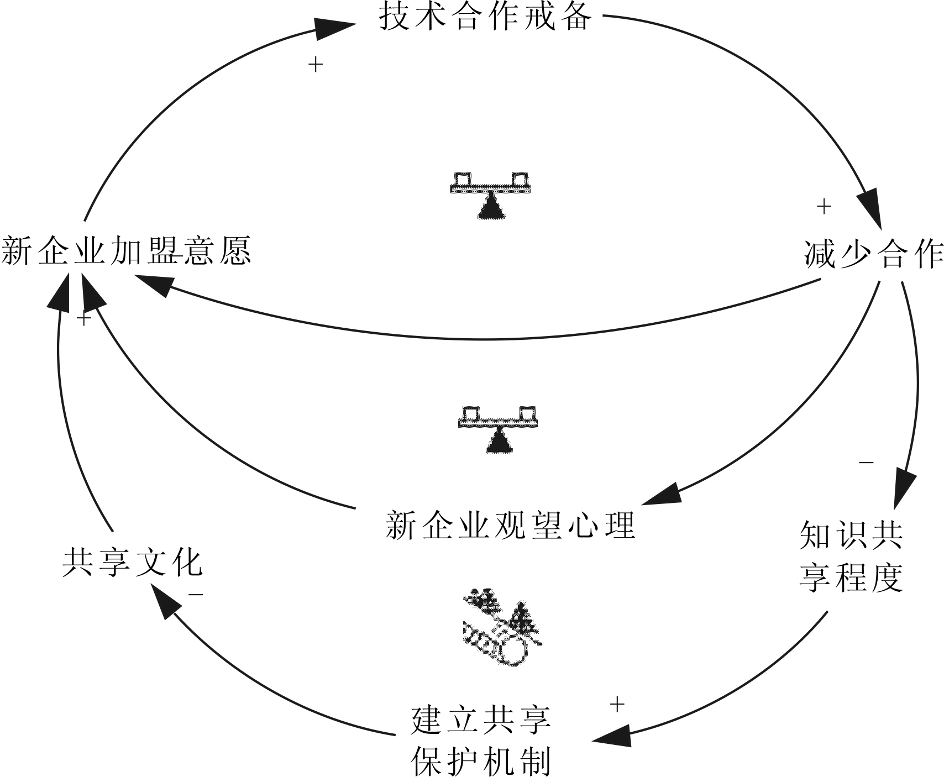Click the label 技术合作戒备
[485, 17]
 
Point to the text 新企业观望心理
[510, 525]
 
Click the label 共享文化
[133, 563]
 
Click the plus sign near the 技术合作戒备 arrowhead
[315, 65]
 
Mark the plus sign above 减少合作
[824, 207]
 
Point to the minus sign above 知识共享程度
[866, 462]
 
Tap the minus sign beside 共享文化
[196, 595]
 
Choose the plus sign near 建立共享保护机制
[617, 705]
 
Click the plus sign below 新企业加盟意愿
[83, 319]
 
